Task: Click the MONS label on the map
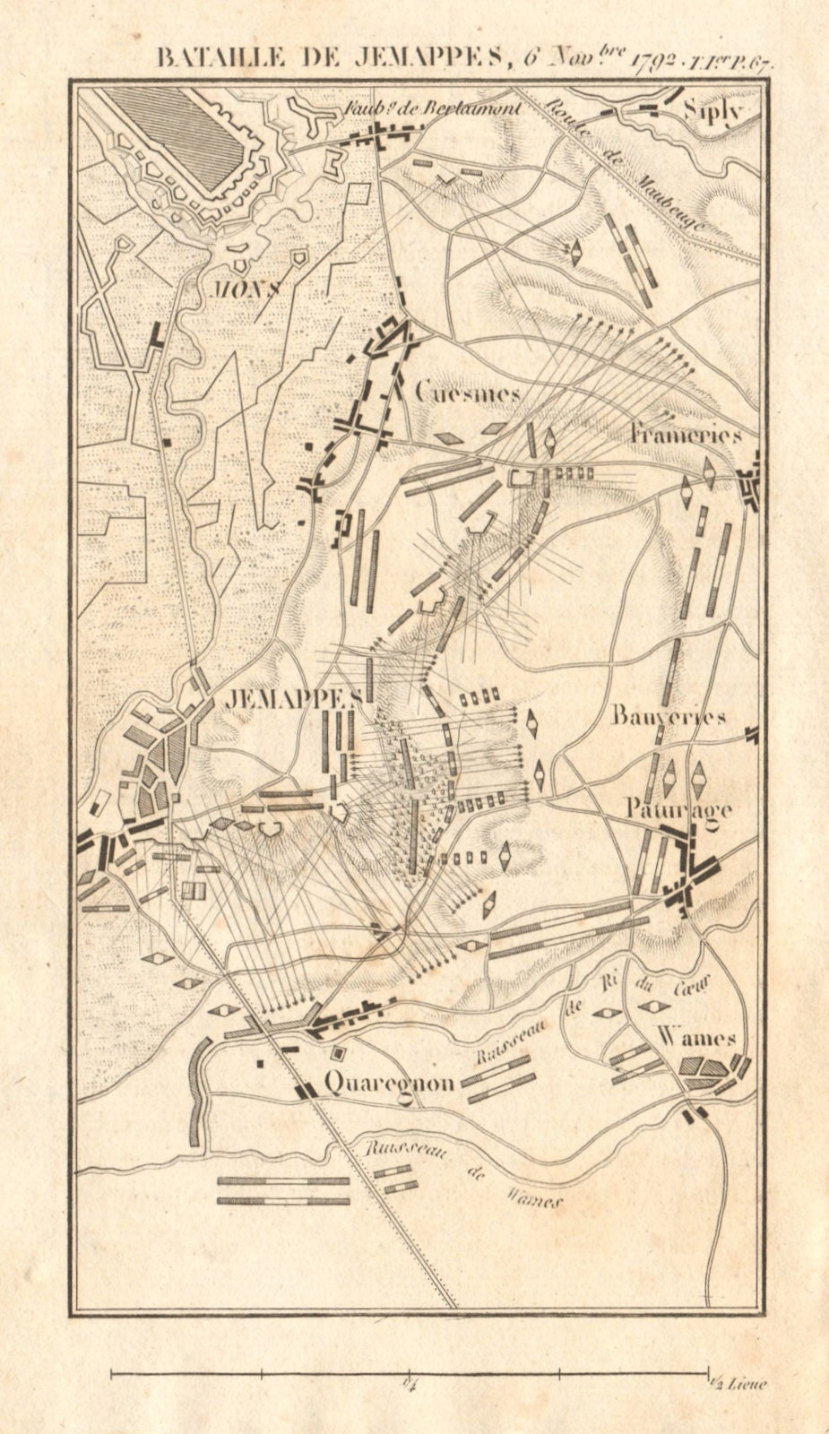(246, 289)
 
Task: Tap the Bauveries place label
(669, 715)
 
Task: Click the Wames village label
(696, 1038)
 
